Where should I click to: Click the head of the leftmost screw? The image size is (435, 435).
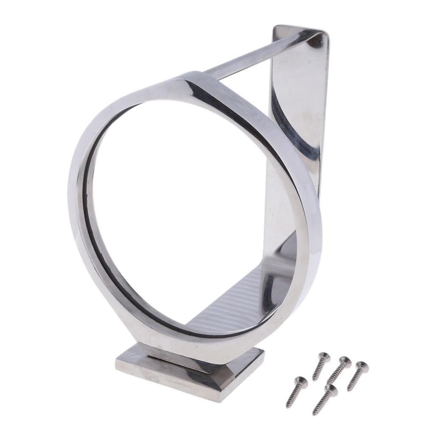click(x=301, y=380)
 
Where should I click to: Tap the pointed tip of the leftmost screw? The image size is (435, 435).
click(x=287, y=407)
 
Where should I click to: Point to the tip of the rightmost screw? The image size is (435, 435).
click(x=348, y=390)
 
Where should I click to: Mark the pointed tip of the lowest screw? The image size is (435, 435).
click(x=314, y=414)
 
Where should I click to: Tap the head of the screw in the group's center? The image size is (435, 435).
click(x=345, y=362)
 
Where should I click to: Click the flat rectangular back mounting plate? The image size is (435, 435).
click(x=297, y=106)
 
